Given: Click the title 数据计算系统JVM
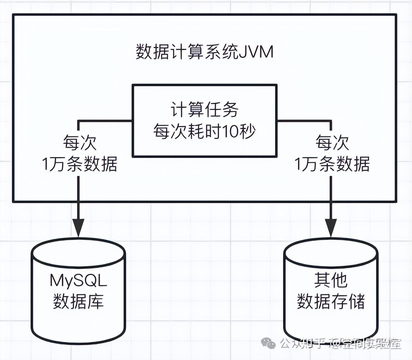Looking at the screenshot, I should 204,52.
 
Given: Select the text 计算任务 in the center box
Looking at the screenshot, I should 204,109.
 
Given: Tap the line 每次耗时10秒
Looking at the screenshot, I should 204,132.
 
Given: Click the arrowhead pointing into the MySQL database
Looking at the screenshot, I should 79,227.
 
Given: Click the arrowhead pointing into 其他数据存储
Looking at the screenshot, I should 331,227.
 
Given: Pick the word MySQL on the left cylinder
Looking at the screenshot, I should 78,281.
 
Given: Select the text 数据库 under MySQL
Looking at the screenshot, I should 78,302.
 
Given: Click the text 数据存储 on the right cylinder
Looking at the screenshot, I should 331,302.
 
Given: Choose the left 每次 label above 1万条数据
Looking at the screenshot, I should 79,143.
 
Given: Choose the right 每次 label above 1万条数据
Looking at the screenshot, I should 332,143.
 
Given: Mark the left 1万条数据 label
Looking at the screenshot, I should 79,164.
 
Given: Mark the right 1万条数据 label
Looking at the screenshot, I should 332,164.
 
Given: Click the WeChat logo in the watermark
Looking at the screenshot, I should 268,343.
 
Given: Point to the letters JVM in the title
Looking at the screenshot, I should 256,52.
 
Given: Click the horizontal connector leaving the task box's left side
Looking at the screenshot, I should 105,120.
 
